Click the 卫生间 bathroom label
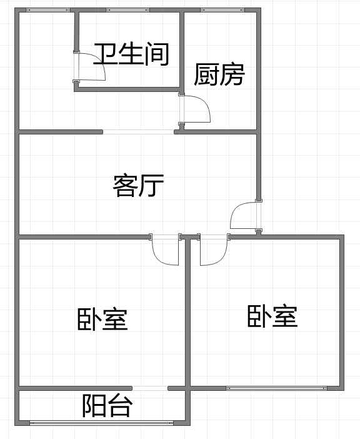tap(131, 54)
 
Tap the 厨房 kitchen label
tap(219, 74)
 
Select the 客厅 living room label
tap(138, 185)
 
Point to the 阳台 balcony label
tap(107, 405)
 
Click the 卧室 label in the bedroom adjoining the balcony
tap(102, 319)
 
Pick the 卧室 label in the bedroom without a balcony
tap(272, 316)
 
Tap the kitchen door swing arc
tap(204, 104)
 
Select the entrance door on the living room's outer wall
tap(246, 215)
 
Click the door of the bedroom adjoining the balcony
tap(165, 249)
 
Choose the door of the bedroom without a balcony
tap(214, 249)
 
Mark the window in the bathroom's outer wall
tap(128, 10)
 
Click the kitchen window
tap(222, 10)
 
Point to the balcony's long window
tap(101, 423)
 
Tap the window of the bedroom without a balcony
tap(277, 388)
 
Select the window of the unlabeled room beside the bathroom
tap(48, 10)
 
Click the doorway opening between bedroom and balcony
tap(150, 388)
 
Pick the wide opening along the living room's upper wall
tap(139, 132)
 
